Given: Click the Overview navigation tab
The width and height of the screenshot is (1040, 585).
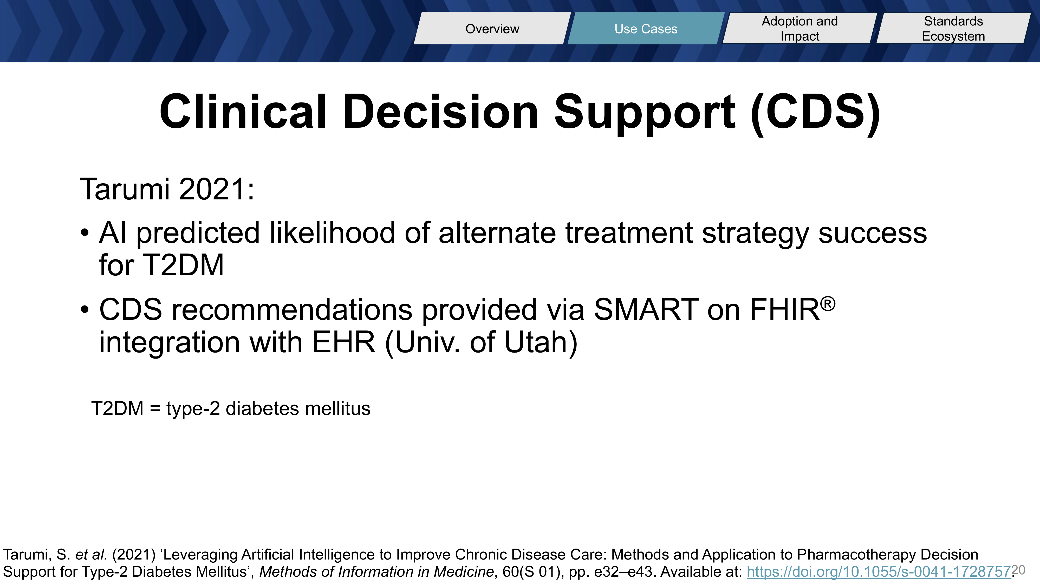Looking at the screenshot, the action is (492, 28).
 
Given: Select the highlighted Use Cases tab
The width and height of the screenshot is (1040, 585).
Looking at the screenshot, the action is (646, 28).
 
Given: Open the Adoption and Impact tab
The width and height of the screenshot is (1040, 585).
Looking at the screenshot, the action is (800, 28).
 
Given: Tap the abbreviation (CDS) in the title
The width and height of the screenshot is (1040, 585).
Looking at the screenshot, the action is (816, 113).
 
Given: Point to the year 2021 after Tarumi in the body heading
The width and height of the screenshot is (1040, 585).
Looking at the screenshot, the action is (216, 189).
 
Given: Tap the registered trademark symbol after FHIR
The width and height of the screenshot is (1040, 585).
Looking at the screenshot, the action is (828, 304).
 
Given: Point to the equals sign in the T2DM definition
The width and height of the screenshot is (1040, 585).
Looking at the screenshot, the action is (155, 408).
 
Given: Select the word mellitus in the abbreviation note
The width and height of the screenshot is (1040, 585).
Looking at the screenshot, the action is (338, 408).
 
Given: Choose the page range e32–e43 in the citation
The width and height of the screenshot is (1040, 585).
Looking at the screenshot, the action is (624, 572).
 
